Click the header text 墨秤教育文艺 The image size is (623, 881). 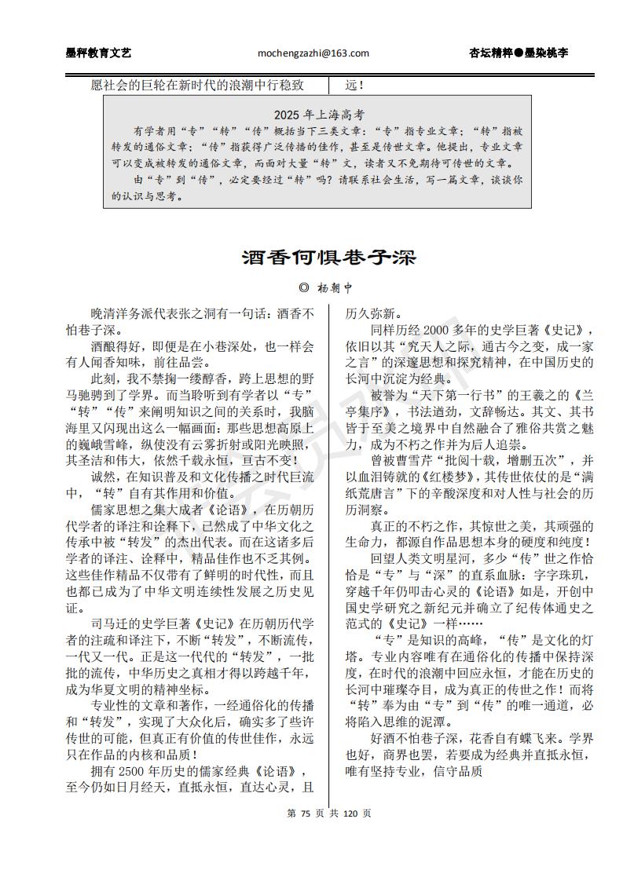coord(98,53)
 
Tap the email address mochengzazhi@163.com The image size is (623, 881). coord(313,53)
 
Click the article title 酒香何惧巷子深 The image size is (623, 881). coord(328,258)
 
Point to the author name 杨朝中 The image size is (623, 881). coord(334,289)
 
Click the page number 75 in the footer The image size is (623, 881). coord(306,813)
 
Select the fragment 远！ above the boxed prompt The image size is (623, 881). coord(357,85)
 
